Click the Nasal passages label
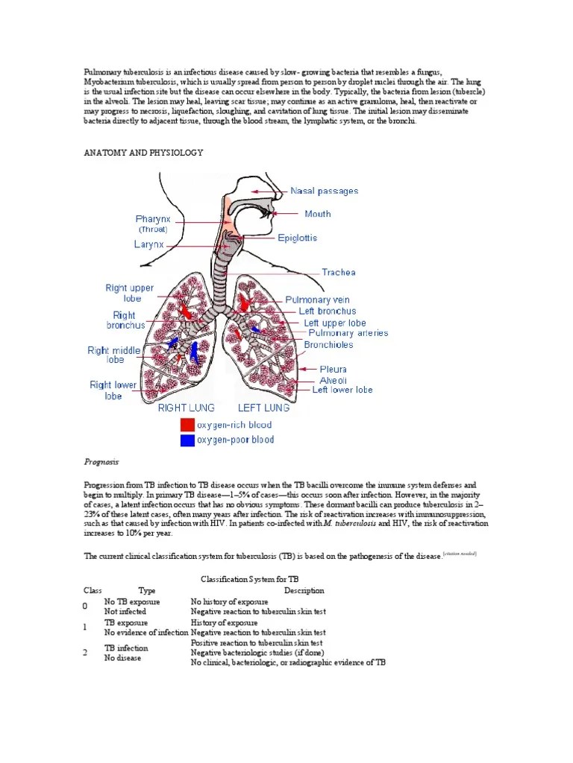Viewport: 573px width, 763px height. pos(324,191)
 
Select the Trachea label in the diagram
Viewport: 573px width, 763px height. pos(339,272)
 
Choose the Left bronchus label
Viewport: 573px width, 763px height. pos(327,311)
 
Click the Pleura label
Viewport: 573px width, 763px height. pos(333,369)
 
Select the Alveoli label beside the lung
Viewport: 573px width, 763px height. pos(333,379)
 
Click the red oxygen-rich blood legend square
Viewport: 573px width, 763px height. pos(186,425)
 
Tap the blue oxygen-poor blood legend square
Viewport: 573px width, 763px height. pos(186,440)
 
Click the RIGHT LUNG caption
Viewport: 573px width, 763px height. pos(186,408)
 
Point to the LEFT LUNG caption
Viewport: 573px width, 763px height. pos(263,408)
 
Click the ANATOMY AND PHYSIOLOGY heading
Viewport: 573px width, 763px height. pos(143,152)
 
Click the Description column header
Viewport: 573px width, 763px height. pos(304,590)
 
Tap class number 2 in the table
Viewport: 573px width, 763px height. pos(86,653)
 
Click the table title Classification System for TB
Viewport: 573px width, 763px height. pos(250,578)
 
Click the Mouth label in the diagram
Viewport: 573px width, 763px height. pos(318,214)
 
